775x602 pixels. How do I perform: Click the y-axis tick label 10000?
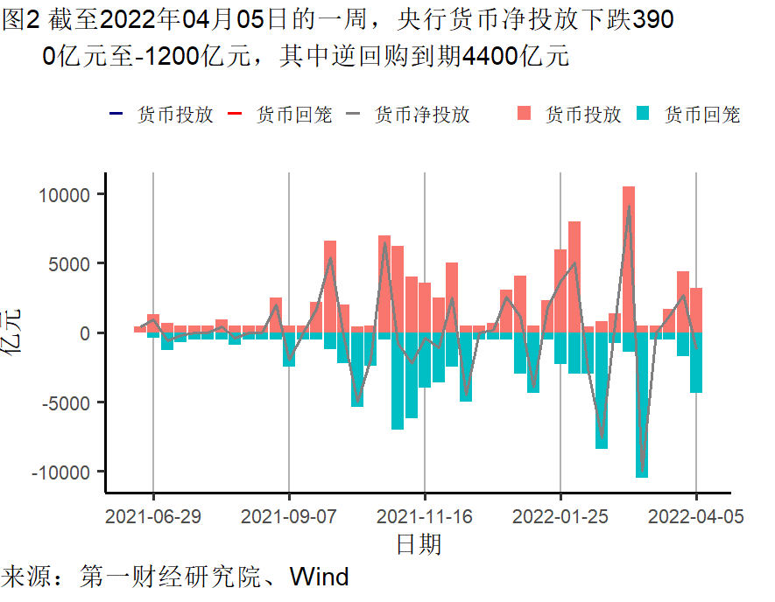(x=67, y=194)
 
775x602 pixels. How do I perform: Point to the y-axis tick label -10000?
(x=64, y=472)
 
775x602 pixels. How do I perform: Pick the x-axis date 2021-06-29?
(x=153, y=516)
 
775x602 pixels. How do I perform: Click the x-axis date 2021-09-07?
(x=289, y=516)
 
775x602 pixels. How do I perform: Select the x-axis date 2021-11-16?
(x=425, y=516)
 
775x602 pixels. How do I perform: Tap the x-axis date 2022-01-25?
(x=560, y=516)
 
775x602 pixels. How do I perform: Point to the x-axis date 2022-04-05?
(x=696, y=516)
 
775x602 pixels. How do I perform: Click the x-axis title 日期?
(x=418, y=544)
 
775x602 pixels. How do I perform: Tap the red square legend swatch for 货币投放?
(x=525, y=114)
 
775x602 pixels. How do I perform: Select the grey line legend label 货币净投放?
(x=421, y=115)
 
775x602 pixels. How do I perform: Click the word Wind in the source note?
(x=319, y=577)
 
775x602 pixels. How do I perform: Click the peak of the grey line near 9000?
(x=629, y=206)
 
